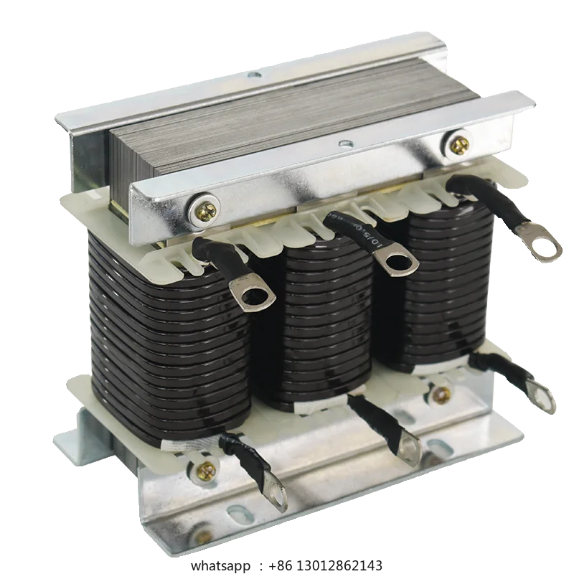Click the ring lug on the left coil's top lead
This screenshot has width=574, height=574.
252,295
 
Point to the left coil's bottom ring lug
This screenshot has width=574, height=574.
276,495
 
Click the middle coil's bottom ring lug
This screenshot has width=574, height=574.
408,449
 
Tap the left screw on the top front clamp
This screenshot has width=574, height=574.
206,210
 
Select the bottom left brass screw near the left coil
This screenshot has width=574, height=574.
207,471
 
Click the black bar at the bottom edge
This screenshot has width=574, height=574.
287,565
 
